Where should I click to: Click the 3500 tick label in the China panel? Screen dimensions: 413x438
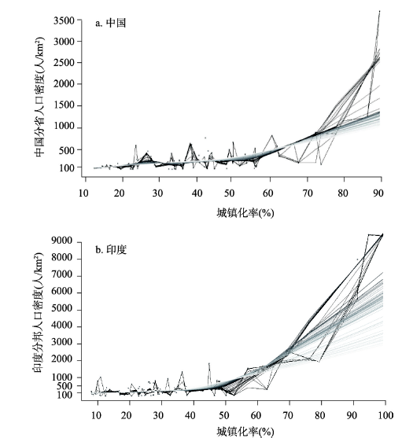click(65, 20)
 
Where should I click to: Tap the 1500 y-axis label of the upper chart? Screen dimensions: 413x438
click(65, 105)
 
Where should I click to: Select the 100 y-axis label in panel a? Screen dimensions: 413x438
click(67, 167)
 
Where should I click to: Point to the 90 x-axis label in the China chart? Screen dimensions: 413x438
click(378, 193)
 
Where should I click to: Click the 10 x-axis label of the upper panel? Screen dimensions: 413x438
click(83, 193)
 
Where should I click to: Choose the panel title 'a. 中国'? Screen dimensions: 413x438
click(111, 23)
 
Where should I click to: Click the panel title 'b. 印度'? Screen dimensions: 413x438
click(111, 249)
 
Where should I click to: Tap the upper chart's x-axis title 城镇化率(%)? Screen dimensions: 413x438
click(245, 213)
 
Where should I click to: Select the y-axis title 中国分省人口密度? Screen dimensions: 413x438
click(39, 97)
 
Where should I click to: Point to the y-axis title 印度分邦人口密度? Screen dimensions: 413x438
click(39, 313)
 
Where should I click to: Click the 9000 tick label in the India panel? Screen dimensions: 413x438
click(62, 240)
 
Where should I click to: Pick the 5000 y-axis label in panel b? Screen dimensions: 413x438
click(62, 309)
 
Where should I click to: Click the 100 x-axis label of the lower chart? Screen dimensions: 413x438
click(385, 415)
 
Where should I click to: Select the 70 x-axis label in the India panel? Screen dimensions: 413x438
click(288, 415)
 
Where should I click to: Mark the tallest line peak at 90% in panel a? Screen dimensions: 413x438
click(379, 11)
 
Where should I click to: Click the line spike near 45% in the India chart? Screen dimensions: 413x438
click(209, 363)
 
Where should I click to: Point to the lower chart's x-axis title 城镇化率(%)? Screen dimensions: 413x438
click(245, 432)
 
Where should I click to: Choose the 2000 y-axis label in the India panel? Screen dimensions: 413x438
click(62, 359)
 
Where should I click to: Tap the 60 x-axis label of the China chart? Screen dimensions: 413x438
click(267, 193)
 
